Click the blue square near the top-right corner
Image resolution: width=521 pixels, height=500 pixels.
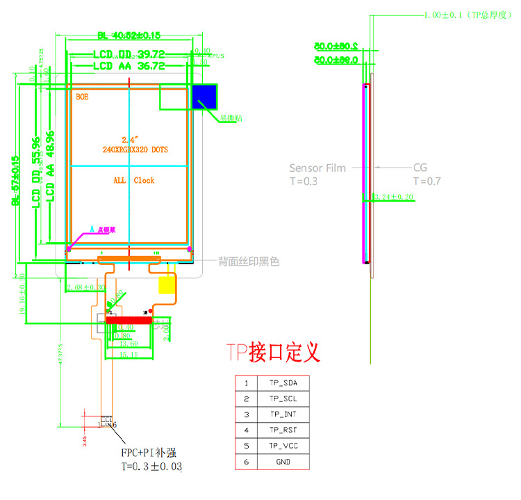pyautogui.click(x=204, y=97)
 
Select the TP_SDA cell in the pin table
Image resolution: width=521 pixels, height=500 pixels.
pyautogui.click(x=282, y=383)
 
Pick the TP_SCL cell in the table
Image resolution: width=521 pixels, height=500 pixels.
pyautogui.click(x=282, y=398)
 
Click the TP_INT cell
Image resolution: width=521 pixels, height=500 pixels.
pyautogui.click(x=282, y=414)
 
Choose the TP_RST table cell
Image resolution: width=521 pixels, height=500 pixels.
pyautogui.click(x=282, y=430)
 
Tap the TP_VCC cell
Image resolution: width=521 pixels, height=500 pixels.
pyautogui.click(x=282, y=446)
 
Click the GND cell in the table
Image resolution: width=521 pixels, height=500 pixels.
pyautogui.click(x=282, y=462)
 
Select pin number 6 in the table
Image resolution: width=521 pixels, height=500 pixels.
pyautogui.click(x=246, y=462)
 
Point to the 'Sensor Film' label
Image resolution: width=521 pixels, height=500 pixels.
pyautogui.click(x=317, y=168)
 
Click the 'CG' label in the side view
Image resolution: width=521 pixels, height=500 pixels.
pyautogui.click(x=420, y=168)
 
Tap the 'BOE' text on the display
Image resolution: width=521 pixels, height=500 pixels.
pyautogui.click(x=83, y=98)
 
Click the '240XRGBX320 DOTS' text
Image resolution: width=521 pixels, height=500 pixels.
pyautogui.click(x=134, y=150)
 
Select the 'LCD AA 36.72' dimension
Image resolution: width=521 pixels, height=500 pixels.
pyautogui.click(x=129, y=66)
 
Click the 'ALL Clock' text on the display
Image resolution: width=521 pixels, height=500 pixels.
pyautogui.click(x=134, y=180)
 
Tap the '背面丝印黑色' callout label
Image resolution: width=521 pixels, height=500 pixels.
pyautogui.click(x=249, y=261)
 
